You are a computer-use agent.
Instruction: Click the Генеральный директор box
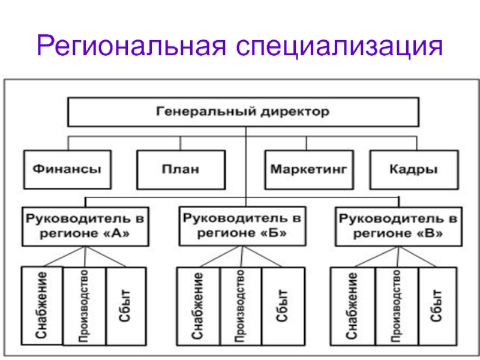click(x=244, y=112)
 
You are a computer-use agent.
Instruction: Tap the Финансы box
click(x=67, y=170)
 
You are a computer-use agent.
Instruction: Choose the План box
click(x=181, y=170)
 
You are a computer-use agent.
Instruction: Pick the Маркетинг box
click(x=309, y=170)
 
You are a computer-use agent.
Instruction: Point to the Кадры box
click(x=414, y=170)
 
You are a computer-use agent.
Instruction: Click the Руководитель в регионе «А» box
click(x=85, y=227)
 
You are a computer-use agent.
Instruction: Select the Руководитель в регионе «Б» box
click(x=242, y=226)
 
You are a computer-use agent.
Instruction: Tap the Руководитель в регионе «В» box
click(x=398, y=227)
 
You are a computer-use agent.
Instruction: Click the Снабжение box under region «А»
click(x=42, y=306)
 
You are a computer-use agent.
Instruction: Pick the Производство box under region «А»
click(x=85, y=306)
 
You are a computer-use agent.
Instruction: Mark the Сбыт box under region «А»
click(x=126, y=306)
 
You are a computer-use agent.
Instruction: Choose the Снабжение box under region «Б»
click(x=199, y=306)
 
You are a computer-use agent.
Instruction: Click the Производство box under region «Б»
click(x=241, y=306)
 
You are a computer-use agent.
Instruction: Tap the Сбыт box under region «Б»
click(x=283, y=306)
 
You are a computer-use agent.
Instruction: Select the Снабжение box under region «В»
click(x=353, y=306)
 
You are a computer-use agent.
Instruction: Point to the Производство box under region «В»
click(x=397, y=306)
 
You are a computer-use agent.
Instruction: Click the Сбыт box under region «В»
click(x=438, y=306)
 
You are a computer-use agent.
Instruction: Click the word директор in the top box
click(x=295, y=112)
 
